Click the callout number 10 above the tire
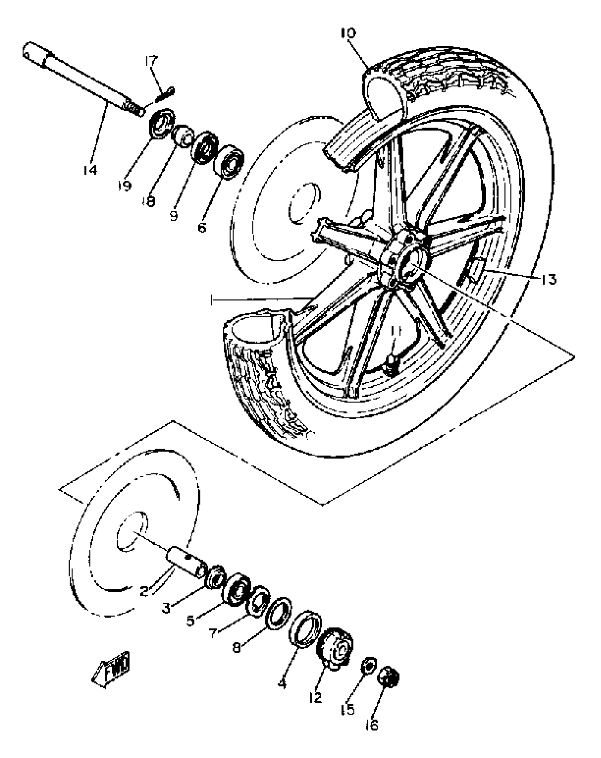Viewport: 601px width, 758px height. [x=349, y=34]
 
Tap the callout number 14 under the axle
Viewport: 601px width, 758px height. [x=90, y=170]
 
